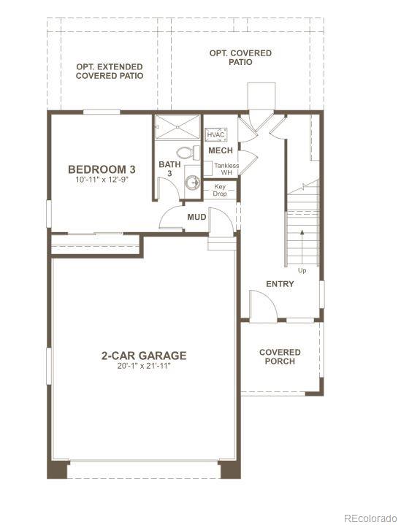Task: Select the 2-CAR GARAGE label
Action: click(144, 356)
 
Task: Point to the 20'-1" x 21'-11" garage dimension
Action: click(144, 366)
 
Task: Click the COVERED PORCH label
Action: click(280, 357)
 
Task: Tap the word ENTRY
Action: click(280, 284)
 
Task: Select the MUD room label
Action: click(196, 217)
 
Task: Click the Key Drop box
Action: click(220, 190)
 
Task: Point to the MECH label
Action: click(221, 150)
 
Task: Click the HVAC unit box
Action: click(215, 135)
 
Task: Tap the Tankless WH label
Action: click(226, 169)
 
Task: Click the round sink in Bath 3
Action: click(193, 183)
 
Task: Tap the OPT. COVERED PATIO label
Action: click(240, 58)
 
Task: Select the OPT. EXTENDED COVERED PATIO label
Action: click(110, 71)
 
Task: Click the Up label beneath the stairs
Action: click(302, 270)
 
